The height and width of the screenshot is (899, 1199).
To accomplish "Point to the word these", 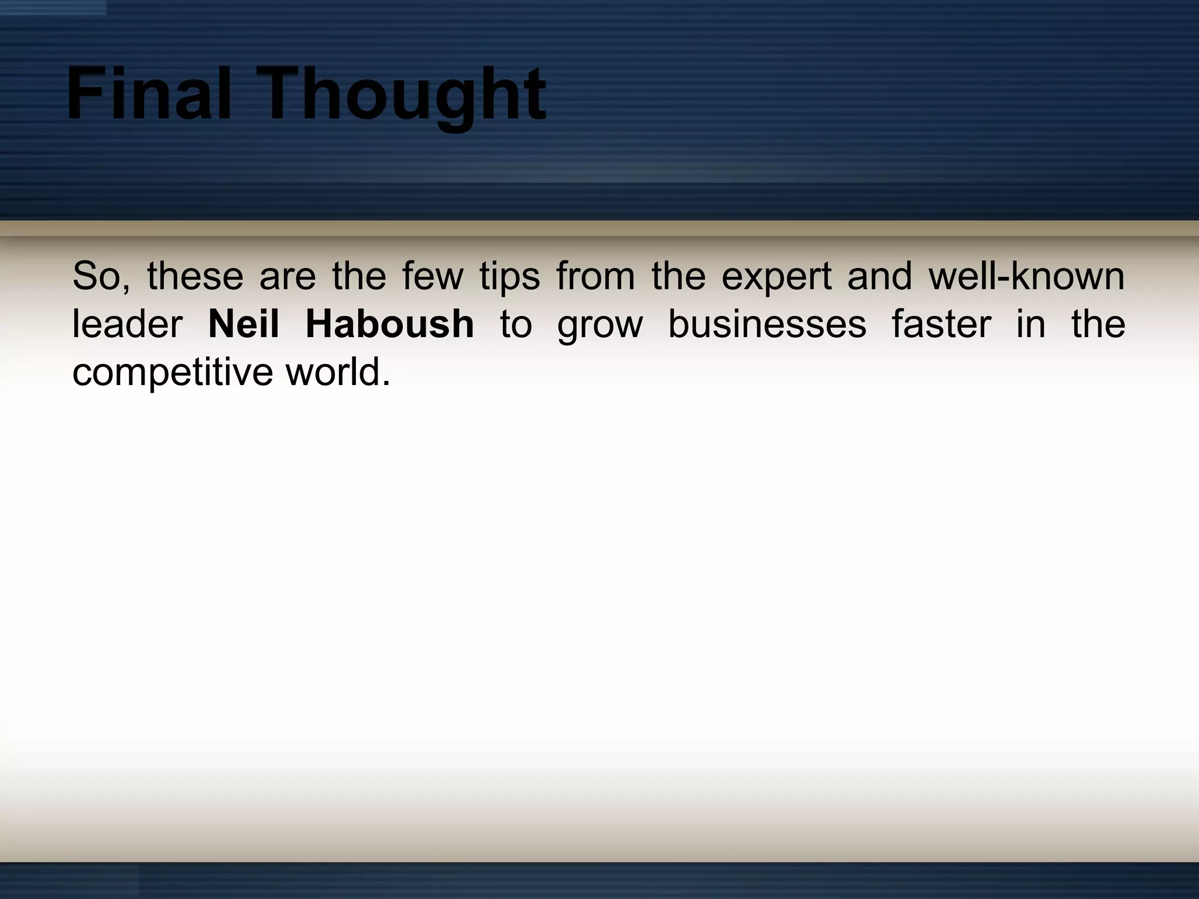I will tap(195, 276).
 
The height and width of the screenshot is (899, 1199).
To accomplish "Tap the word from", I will tap(595, 276).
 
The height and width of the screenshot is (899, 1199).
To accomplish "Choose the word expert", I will tap(776, 276).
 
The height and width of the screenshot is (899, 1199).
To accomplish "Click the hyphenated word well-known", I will tap(1026, 276).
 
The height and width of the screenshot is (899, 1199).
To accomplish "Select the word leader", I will tap(127, 324).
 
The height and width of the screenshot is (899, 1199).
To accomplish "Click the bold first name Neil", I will tap(244, 324).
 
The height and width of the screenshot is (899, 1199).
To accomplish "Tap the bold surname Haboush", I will tap(389, 324).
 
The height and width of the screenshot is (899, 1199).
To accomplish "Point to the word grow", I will tap(599, 324).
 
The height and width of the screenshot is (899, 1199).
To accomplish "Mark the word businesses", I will tap(767, 324).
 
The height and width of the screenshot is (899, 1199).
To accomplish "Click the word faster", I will tap(941, 324).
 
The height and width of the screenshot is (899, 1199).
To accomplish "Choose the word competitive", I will tap(172, 372).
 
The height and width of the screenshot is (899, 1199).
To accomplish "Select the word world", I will tap(337, 372).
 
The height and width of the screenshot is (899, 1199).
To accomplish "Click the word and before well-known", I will tap(879, 276).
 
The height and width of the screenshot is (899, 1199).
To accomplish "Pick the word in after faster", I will tap(1030, 324).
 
